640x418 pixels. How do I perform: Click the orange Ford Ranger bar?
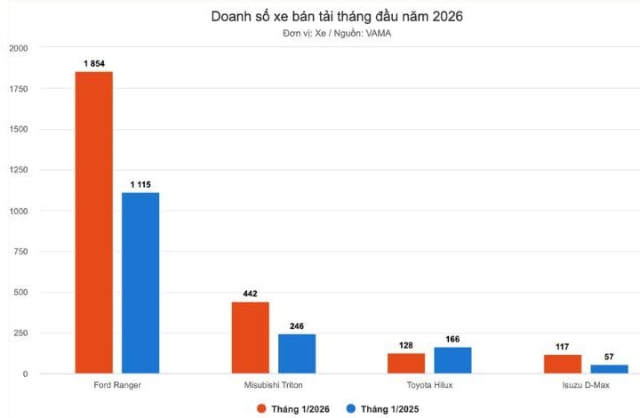[x=93, y=222]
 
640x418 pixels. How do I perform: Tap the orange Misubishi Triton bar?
[x=250, y=338]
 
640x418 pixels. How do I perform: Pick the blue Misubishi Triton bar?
[x=297, y=354]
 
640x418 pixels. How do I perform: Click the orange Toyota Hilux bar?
[x=406, y=363]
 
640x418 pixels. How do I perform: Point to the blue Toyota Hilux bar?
[x=452, y=360]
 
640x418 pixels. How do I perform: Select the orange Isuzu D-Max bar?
[x=562, y=364]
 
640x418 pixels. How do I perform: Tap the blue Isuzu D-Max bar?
[x=609, y=369]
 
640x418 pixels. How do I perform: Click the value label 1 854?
[x=93, y=63]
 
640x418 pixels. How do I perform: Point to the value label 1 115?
[x=140, y=184]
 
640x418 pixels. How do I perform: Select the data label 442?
[x=250, y=293]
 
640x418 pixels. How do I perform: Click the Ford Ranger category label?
[x=117, y=387]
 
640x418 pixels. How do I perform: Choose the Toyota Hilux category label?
[x=429, y=387]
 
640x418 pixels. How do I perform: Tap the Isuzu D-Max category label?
[x=586, y=387]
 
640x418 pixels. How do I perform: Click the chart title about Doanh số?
[x=337, y=16]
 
